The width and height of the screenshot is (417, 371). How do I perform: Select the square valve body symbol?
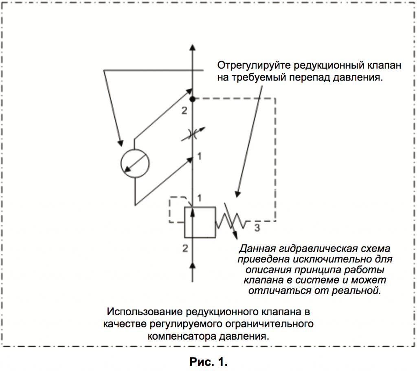click(x=200, y=222)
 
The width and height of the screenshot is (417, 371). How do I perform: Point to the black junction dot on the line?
click(x=193, y=99)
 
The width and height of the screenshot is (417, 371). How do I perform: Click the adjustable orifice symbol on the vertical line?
click(x=193, y=135)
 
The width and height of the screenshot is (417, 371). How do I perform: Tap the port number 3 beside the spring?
click(x=257, y=228)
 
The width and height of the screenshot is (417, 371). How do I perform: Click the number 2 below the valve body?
click(x=185, y=248)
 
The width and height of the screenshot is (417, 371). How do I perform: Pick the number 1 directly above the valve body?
click(x=200, y=198)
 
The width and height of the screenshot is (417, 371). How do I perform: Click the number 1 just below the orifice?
click(x=200, y=156)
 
